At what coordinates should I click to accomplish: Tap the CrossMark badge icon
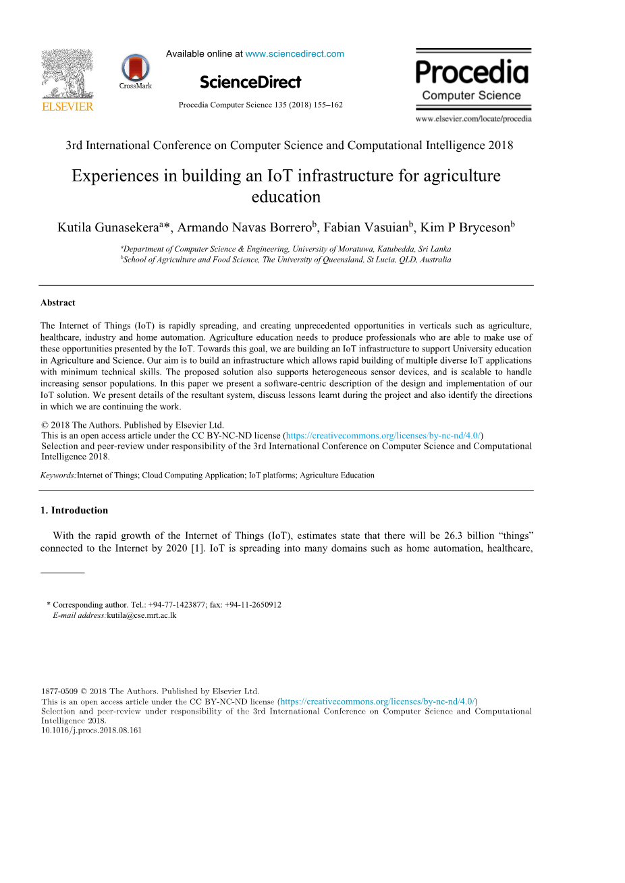(x=135, y=69)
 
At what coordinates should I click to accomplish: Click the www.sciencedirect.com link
(x=294, y=54)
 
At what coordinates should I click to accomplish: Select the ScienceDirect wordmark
(x=250, y=82)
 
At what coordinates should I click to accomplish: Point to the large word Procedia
(x=472, y=72)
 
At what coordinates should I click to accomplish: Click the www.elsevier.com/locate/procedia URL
(x=473, y=119)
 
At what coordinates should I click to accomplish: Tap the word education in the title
(x=286, y=197)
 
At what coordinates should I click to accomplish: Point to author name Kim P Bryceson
(x=464, y=228)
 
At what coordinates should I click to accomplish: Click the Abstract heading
(x=58, y=303)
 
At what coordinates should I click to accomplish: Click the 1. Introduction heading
(x=74, y=511)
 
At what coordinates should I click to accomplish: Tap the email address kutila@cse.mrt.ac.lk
(x=141, y=616)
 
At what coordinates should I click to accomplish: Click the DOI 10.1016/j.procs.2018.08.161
(x=92, y=730)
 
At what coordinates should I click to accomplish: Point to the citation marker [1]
(x=197, y=548)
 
